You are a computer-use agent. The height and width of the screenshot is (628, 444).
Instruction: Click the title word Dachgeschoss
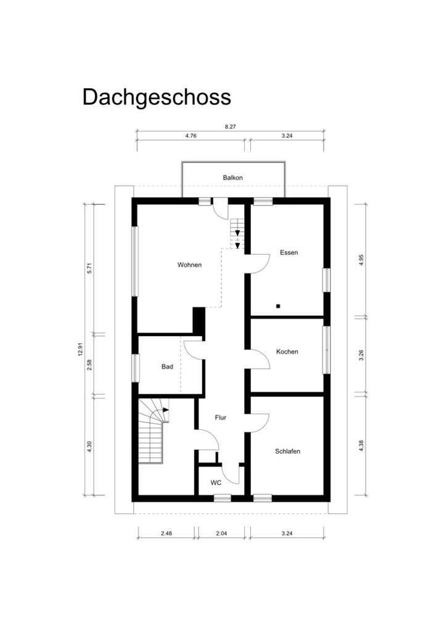coord(157,97)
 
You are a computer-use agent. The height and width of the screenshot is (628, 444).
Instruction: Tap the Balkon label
coord(232,178)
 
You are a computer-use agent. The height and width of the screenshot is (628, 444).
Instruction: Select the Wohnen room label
coord(189,265)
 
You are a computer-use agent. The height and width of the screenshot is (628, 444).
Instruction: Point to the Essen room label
coord(289,253)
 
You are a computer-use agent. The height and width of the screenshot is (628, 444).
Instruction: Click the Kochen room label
coord(287,352)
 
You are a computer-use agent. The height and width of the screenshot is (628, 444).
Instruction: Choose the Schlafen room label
coord(287,452)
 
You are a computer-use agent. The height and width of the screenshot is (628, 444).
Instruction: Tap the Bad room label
coord(167,366)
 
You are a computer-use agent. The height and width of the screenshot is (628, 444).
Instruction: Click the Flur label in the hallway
coord(220,418)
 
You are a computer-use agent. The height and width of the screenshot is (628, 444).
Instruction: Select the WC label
coord(216,482)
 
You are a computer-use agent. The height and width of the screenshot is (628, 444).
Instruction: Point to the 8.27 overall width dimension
coord(230,126)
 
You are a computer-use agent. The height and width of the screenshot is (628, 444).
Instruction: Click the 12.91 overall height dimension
coord(80,350)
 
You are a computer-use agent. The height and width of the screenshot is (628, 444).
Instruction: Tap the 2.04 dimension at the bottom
coord(221,532)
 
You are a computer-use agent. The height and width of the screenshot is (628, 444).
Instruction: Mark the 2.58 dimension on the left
coord(90,365)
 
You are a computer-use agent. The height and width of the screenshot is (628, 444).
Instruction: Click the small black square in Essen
coord(278,305)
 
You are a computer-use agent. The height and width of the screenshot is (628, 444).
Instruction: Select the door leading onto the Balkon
coord(220,207)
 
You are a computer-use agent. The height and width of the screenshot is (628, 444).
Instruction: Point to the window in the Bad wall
coord(134,366)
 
